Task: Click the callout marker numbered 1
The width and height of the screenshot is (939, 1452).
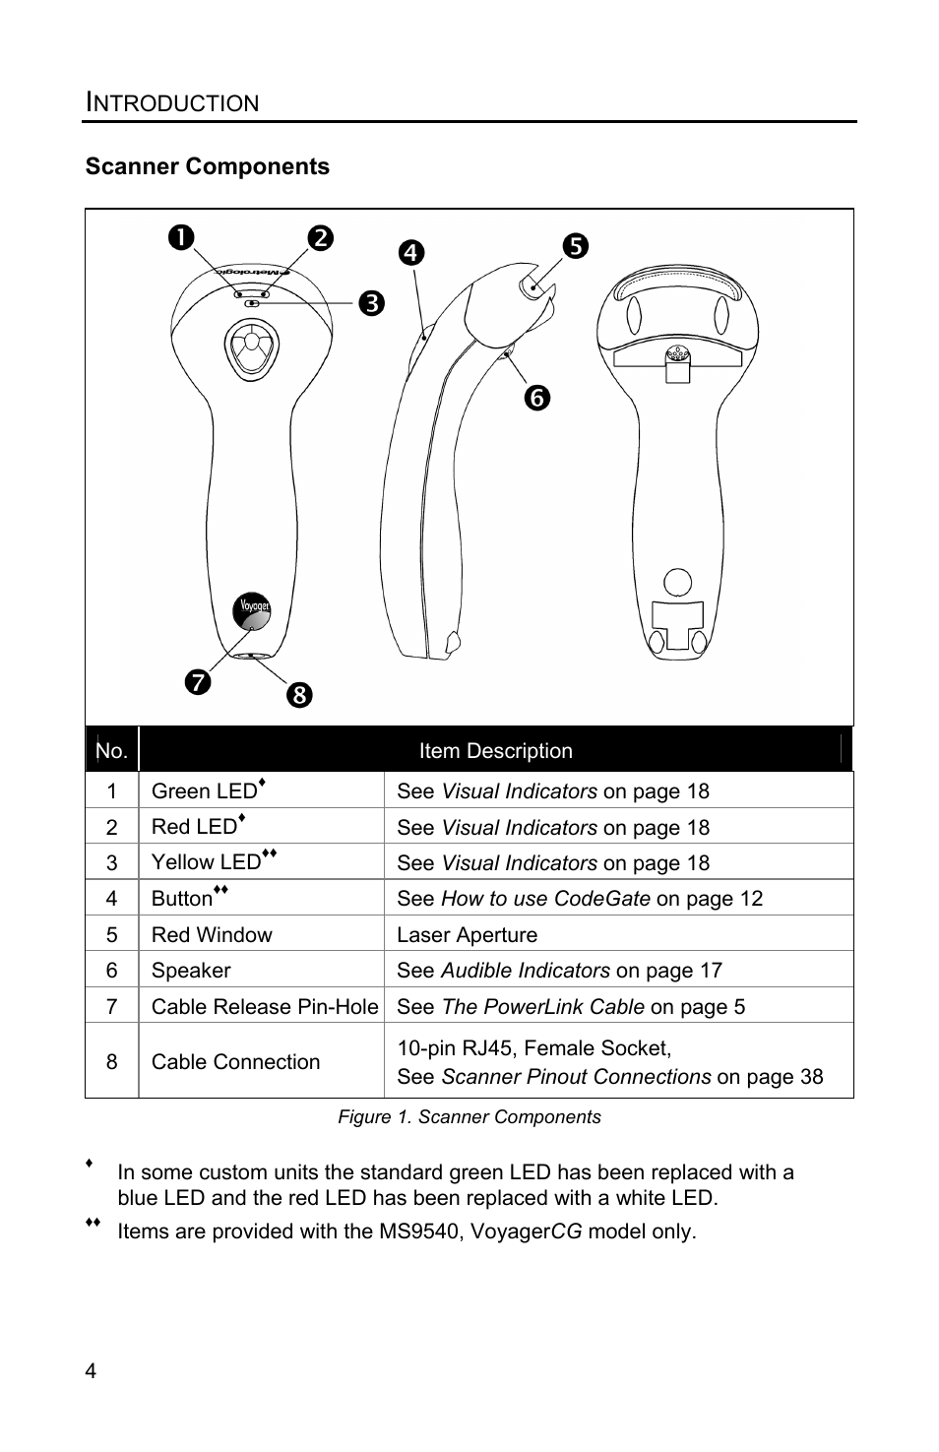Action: tap(181, 238)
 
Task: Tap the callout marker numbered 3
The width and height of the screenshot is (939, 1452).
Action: tap(371, 302)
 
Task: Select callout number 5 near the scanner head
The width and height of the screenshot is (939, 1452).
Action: tap(575, 245)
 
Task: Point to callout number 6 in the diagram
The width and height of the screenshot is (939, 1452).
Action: tap(536, 398)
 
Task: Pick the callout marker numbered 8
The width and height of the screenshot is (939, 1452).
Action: tap(299, 695)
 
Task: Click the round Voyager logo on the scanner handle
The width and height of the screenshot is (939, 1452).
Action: tap(251, 610)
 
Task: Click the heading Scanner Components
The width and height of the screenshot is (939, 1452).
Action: tap(208, 166)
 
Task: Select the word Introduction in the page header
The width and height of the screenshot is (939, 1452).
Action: tap(172, 102)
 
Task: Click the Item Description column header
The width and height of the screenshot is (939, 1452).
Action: tap(495, 751)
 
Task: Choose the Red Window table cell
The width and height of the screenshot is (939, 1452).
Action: tap(212, 934)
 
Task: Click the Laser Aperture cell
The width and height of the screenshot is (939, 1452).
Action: tap(468, 934)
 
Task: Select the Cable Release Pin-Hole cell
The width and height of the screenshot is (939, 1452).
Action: tap(265, 1006)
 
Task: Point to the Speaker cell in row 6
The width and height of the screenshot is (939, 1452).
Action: tap(191, 971)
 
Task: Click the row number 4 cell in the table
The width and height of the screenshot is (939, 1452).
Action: tap(111, 899)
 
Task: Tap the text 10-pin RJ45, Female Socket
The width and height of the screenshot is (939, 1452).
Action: tap(533, 1048)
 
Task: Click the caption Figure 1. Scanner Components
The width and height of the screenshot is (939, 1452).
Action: tap(469, 1117)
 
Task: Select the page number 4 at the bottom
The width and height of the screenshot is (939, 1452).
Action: tap(91, 1372)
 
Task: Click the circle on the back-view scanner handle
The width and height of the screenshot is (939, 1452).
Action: tap(677, 582)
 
